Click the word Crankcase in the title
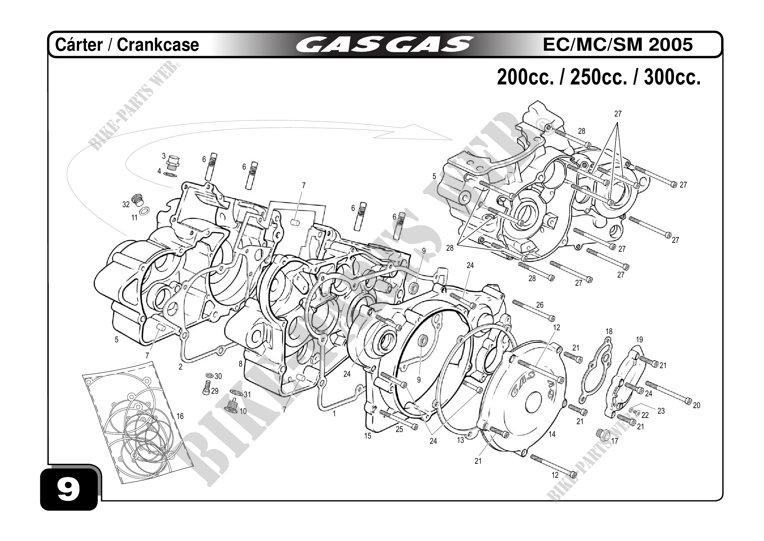point(158,45)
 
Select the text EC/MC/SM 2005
point(618,44)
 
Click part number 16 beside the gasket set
point(180,416)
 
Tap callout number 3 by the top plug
point(164,156)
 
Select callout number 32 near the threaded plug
point(126,205)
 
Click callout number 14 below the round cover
point(552,434)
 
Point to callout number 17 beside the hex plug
point(615,441)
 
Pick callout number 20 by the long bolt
point(696,406)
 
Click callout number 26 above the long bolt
point(540,305)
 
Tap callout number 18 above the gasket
point(609,332)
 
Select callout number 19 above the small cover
point(639,340)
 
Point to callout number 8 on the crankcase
point(241,364)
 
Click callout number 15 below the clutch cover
point(367,436)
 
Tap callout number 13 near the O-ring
point(460,441)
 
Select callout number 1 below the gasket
point(334,414)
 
